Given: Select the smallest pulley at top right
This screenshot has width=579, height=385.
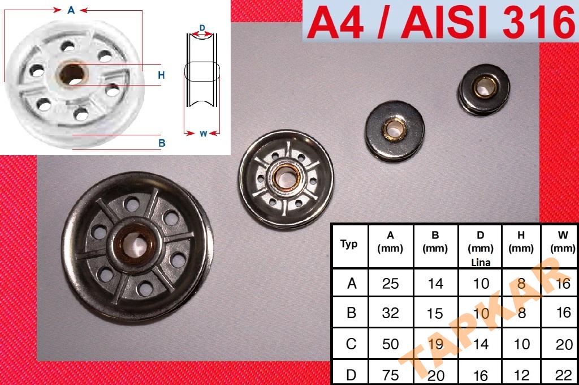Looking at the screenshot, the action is point(484,89).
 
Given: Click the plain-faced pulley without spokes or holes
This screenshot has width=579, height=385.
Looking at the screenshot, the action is point(394,130).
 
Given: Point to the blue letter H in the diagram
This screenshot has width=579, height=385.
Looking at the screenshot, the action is point(161,75).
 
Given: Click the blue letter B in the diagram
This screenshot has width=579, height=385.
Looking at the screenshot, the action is point(162,143).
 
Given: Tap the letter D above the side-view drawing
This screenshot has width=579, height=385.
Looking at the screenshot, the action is point(202,28).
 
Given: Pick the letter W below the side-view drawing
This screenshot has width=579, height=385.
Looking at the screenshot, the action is point(203,134).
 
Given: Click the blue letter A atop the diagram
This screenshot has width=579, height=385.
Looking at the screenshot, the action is point(71,10).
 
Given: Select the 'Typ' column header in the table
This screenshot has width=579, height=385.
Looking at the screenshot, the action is point(349,243).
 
